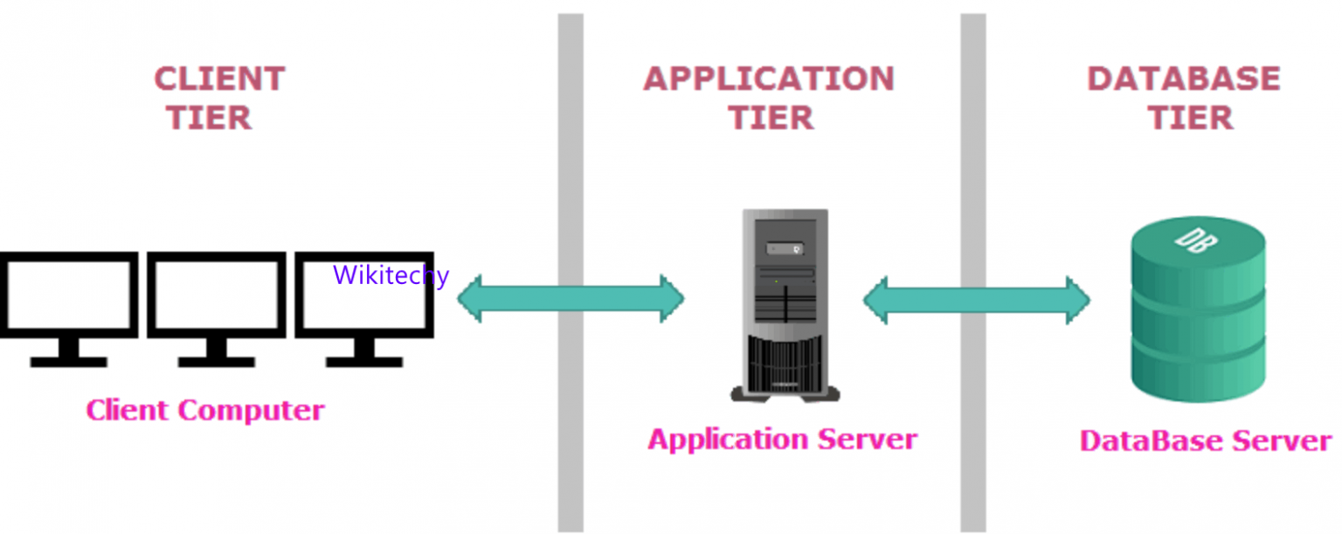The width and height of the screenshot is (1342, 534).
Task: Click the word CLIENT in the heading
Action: point(219,79)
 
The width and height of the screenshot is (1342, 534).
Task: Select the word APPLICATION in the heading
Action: point(769,79)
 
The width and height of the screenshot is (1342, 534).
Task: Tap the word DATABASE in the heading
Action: point(1183,79)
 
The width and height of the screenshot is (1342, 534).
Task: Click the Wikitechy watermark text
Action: point(391,275)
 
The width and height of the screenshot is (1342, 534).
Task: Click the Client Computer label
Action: point(205,410)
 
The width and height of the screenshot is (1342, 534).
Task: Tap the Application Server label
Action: point(782,439)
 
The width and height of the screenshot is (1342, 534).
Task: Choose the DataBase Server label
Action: point(1205,440)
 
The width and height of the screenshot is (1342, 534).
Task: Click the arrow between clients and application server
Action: point(571,299)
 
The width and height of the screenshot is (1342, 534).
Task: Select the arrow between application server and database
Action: point(976,299)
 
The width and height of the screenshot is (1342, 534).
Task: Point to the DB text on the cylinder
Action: point(1194,239)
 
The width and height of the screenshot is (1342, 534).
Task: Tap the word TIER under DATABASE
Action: point(1189,117)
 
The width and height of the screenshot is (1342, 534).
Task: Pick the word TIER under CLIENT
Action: point(209,117)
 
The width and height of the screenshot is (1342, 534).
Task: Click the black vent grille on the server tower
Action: point(785,364)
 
